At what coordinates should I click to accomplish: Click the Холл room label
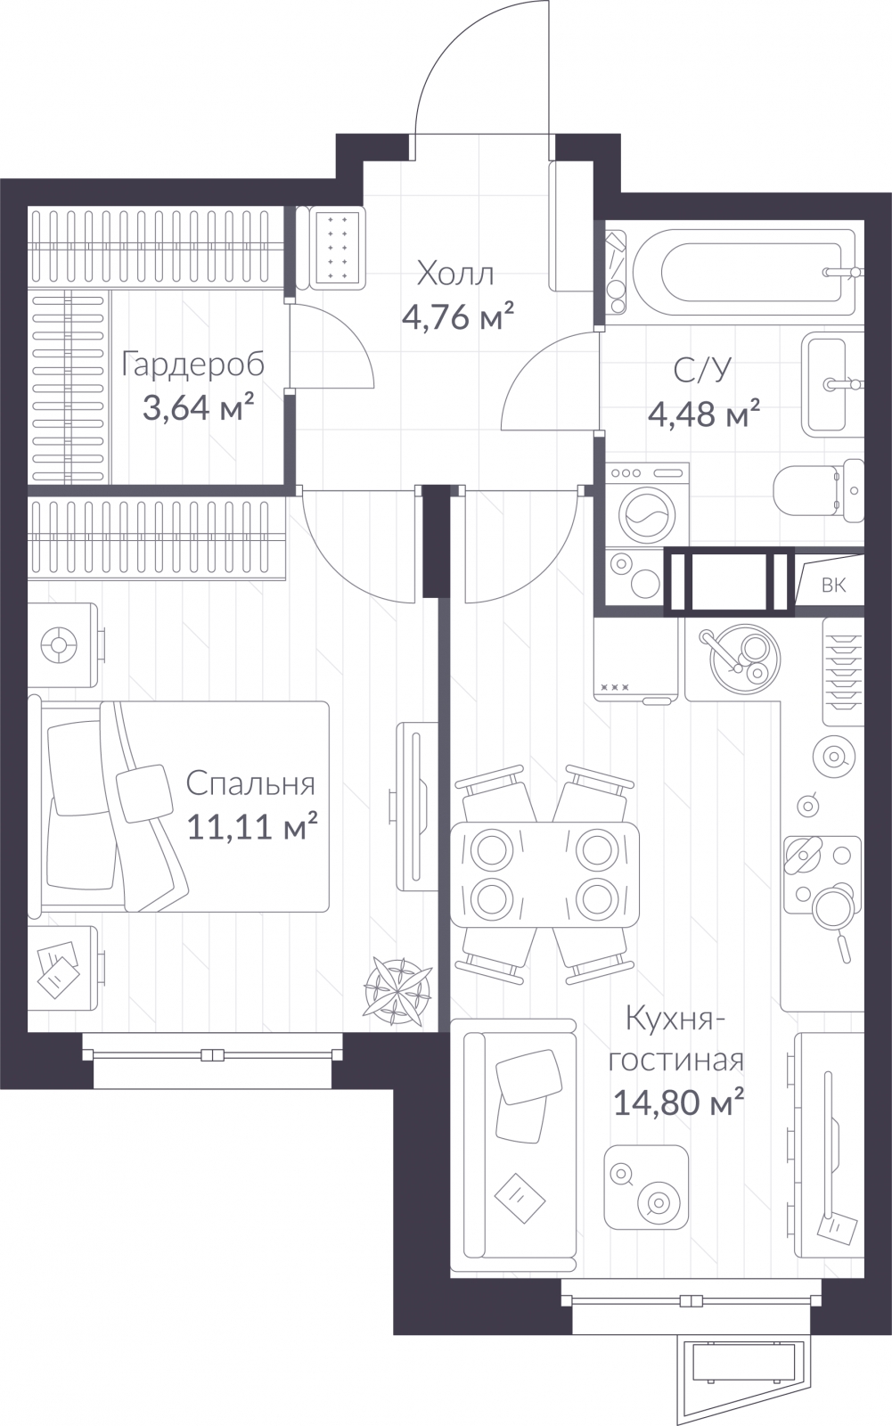pyautogui.click(x=455, y=275)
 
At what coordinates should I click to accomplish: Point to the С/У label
pyautogui.click(x=703, y=371)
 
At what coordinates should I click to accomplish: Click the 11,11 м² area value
pyautogui.click(x=252, y=826)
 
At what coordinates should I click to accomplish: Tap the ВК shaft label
pyautogui.click(x=833, y=585)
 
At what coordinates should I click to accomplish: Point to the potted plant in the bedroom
pyautogui.click(x=397, y=992)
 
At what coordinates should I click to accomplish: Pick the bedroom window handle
pyautogui.click(x=213, y=1055)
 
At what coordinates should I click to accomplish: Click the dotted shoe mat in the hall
pyautogui.click(x=336, y=247)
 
